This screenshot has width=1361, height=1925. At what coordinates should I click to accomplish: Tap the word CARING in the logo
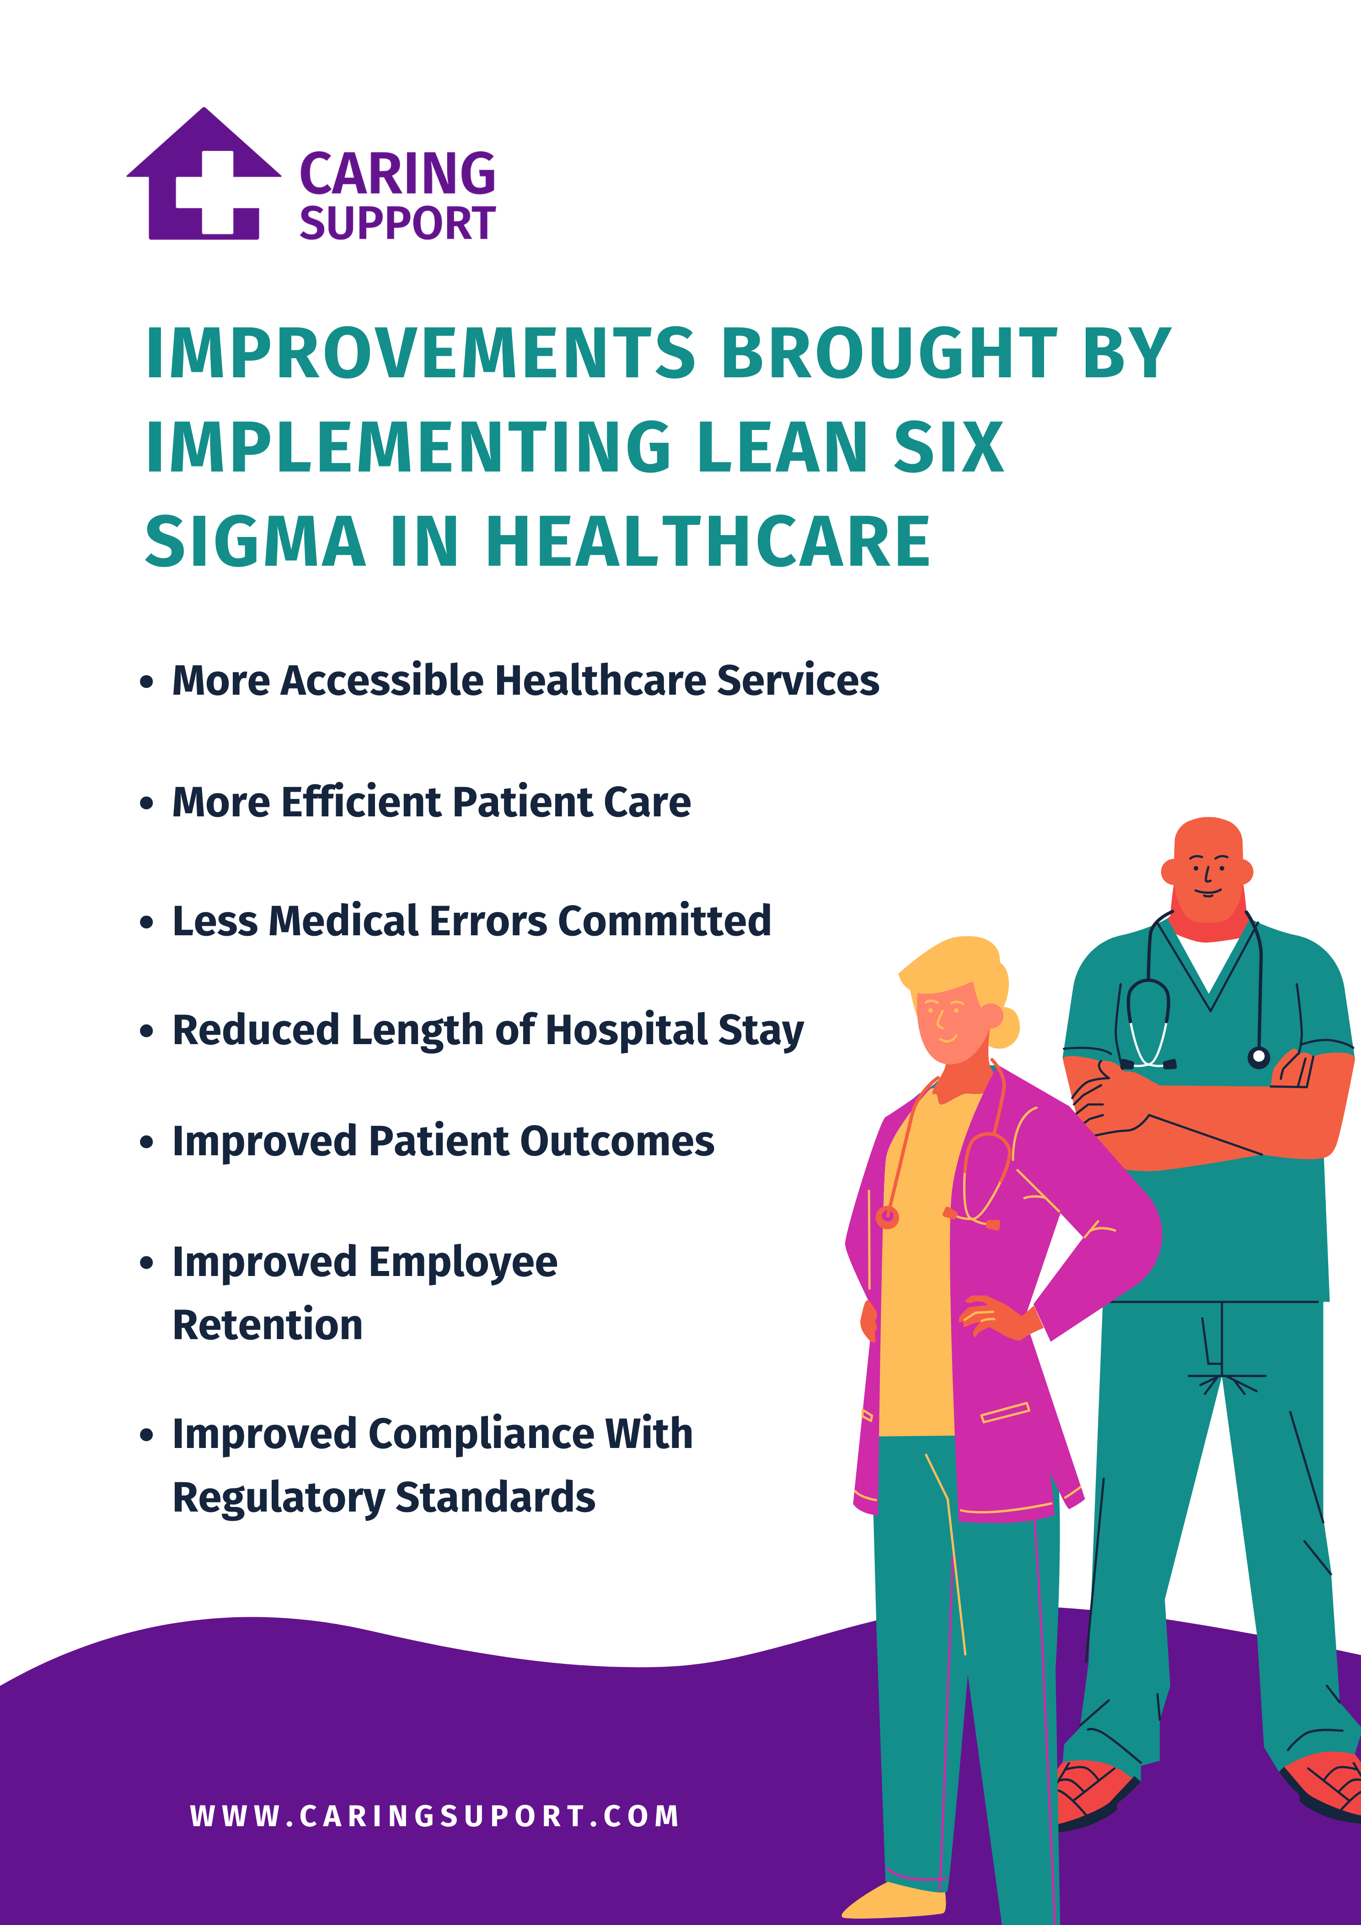pos(397,174)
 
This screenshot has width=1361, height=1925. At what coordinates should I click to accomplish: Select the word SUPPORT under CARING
pos(397,224)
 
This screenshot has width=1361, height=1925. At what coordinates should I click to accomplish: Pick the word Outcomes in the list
pos(617,1142)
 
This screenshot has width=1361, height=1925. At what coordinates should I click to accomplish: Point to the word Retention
pos(268,1325)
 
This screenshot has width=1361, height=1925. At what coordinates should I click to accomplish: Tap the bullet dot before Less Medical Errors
pos(147,923)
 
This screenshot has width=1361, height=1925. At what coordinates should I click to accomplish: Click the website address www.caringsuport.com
pos(434,1816)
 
